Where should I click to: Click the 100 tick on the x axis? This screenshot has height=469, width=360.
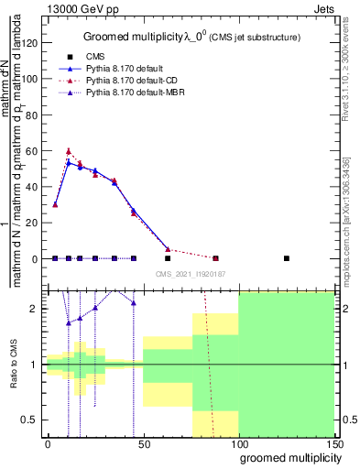pos(238,444)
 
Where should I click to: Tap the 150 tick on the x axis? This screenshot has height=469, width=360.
pos(333,444)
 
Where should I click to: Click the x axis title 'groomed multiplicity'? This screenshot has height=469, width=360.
pos(286,457)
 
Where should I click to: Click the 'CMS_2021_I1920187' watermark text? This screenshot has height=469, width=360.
pos(190,274)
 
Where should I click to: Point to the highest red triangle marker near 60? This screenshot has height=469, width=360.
pos(69,150)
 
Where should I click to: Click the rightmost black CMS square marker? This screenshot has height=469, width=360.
pos(287,258)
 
